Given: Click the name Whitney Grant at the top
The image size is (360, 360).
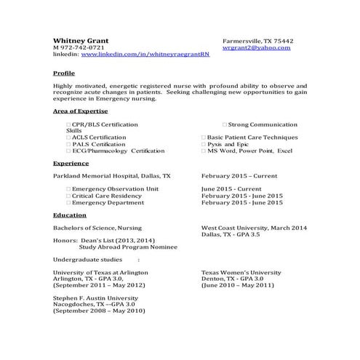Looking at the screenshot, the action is coord(81,39).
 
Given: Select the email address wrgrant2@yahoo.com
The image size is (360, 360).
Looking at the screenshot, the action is coord(256,47).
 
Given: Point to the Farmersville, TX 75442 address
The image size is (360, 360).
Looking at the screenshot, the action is coord(257,40).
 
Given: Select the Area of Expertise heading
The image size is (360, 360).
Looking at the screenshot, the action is coord(80,111).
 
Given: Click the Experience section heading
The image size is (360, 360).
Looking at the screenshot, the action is coord(71,164).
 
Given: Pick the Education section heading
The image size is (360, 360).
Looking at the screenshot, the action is coord(70,215).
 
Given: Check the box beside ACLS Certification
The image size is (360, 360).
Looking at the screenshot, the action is coord(68,137).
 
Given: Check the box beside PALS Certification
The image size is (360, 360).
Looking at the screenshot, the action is coord(68,144).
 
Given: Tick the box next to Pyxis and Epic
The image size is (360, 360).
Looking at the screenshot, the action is coord(204,144).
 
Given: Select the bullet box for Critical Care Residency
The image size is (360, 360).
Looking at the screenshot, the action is coord(68,196).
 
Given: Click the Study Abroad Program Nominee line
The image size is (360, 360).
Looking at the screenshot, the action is coord(124,246).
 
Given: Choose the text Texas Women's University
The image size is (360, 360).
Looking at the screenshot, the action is coord(241,272).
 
